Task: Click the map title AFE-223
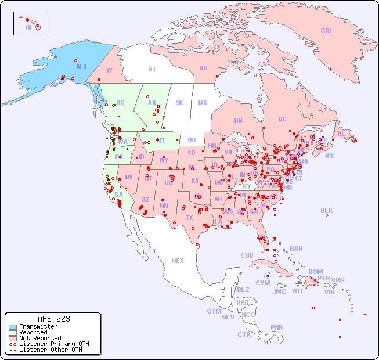[53, 319]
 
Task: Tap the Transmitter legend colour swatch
[12, 327]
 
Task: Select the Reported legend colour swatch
[12, 333]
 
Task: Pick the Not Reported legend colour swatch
[12, 338]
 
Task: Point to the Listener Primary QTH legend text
[53, 344]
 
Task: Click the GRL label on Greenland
[327, 31]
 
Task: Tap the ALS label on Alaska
[81, 67]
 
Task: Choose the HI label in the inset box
[28, 27]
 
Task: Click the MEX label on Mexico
[178, 261]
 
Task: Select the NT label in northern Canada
[152, 69]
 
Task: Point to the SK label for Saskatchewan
[179, 103]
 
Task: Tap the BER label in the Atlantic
[327, 210]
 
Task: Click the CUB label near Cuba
[247, 255]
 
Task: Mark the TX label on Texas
[189, 218]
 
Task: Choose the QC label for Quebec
[282, 119]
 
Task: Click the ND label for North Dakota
[192, 140]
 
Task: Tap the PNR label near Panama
[277, 327]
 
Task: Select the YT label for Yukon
[109, 70]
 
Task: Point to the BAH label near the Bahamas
[296, 249]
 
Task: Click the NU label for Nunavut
[203, 68]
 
